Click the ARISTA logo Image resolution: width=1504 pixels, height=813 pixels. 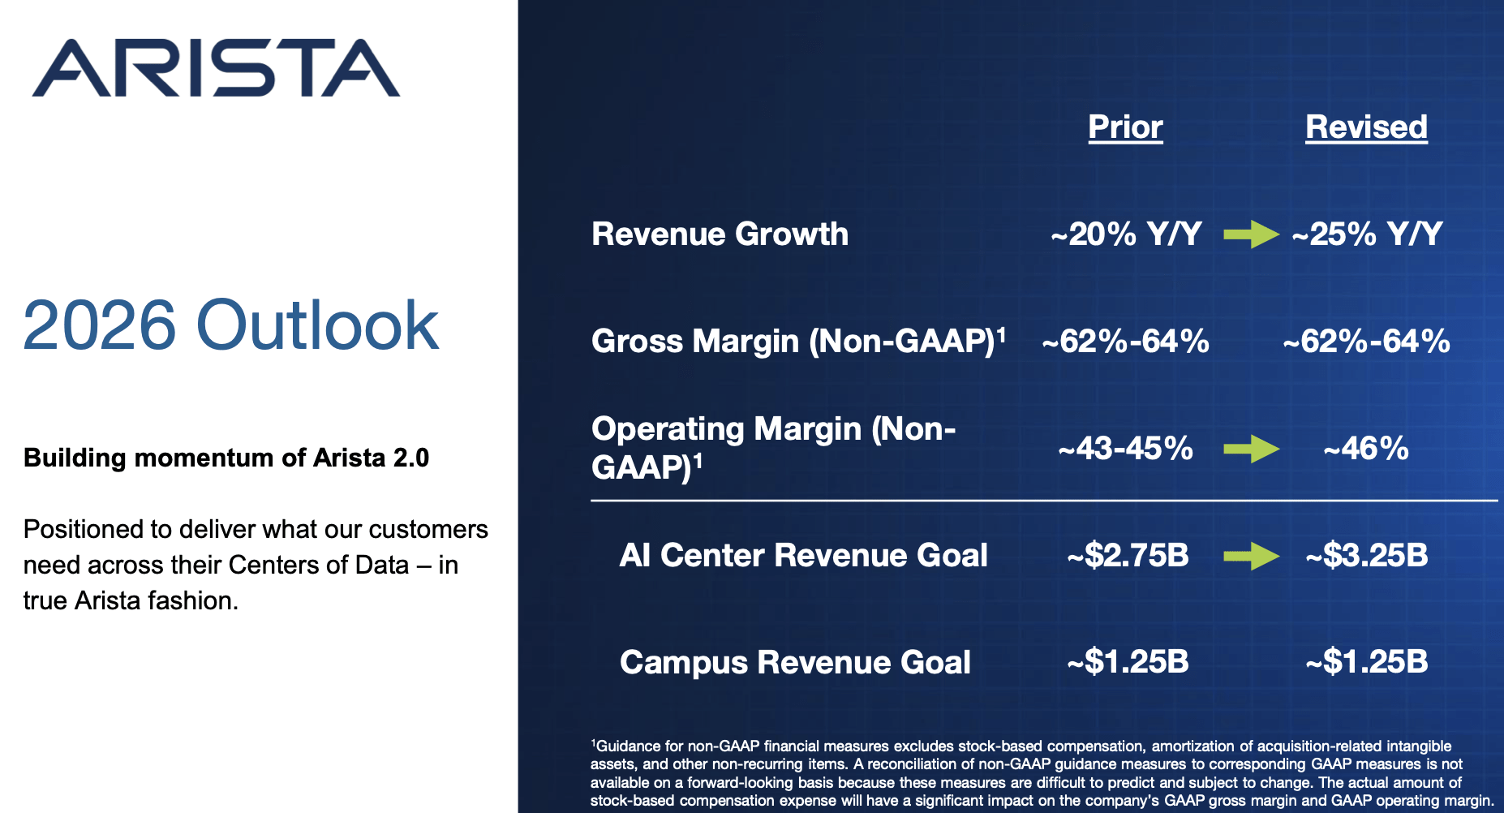[x=216, y=68]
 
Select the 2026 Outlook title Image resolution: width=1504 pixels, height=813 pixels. [x=231, y=325]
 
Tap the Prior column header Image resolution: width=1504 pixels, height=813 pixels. [x=1125, y=127]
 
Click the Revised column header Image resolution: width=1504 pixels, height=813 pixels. [x=1366, y=127]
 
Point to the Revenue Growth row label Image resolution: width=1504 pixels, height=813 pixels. [x=720, y=234]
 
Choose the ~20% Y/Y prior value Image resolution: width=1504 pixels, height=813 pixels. [x=1126, y=234]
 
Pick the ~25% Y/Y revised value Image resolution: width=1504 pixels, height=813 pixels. [x=1368, y=234]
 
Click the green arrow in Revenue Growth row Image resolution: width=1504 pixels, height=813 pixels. [x=1251, y=234]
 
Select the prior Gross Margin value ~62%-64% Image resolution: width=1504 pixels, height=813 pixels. [x=1126, y=342]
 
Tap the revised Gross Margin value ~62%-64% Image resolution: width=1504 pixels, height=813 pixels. [x=1367, y=342]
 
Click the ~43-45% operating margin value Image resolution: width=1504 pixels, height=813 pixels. [x=1126, y=448]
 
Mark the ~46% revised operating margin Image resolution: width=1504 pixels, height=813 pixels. [x=1366, y=448]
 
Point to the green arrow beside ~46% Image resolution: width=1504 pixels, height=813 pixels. [x=1251, y=448]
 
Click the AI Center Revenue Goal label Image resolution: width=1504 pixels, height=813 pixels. [x=803, y=556]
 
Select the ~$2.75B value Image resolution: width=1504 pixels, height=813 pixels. [x=1128, y=556]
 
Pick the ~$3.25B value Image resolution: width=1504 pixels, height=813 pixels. [x=1367, y=556]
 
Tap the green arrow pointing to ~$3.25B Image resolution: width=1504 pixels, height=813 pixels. [x=1251, y=556]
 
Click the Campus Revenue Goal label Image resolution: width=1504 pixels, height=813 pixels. [x=795, y=662]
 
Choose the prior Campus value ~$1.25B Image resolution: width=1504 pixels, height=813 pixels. [x=1128, y=662]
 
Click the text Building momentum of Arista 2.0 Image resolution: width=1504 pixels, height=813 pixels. [x=226, y=458]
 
